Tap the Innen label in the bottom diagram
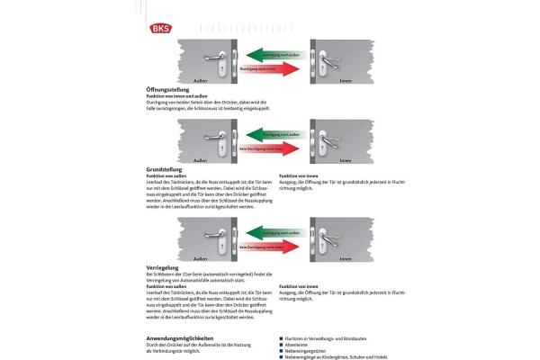click(346, 257)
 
